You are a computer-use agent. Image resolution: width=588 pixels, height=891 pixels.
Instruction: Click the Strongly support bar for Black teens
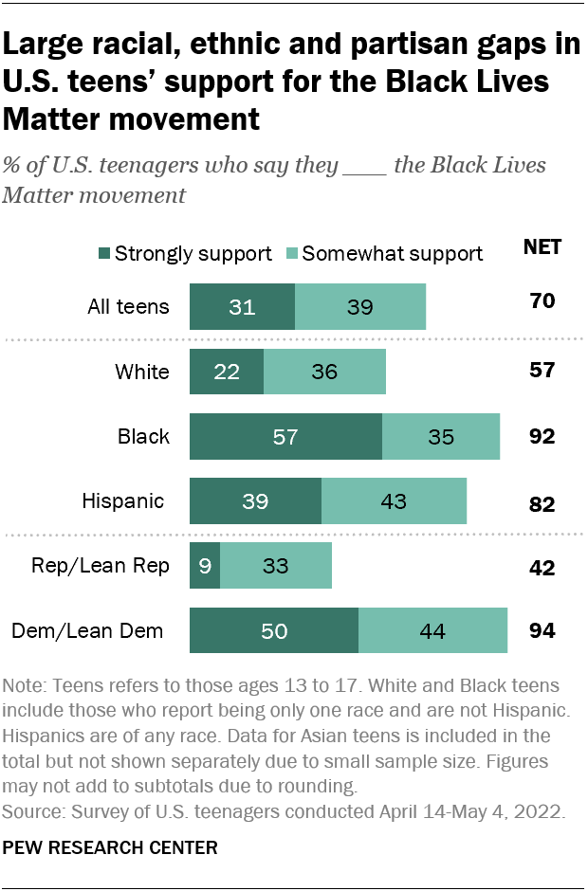pos(285,437)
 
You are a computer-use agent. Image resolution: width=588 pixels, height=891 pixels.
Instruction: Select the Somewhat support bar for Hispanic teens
pos(394,501)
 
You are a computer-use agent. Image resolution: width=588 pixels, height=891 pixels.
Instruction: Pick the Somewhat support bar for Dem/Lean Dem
pos(432,631)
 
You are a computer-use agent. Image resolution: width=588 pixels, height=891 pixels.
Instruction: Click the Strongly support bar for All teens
pos(242,306)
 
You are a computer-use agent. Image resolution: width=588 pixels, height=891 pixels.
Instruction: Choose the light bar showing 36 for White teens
pos(324,372)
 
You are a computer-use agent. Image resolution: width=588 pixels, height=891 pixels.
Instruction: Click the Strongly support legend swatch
pos(103,253)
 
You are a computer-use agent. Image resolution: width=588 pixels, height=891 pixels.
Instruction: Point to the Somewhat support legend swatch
pos(292,253)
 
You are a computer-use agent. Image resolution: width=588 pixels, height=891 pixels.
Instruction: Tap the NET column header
pos(542,247)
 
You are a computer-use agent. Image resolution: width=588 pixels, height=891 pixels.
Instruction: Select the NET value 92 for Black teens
pos(542,437)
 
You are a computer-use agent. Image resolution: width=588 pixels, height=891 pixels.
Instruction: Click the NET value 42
pos(542,568)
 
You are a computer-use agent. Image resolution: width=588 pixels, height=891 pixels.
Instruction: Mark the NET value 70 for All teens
pos(542,302)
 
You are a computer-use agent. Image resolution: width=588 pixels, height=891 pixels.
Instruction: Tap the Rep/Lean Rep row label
pos(114,566)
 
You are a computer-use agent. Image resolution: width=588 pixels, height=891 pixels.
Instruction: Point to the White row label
pos(142,372)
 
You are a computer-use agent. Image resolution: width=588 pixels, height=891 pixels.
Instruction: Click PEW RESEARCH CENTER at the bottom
pos(111,846)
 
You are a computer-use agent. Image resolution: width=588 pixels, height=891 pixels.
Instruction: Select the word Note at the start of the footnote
pos(26,685)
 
